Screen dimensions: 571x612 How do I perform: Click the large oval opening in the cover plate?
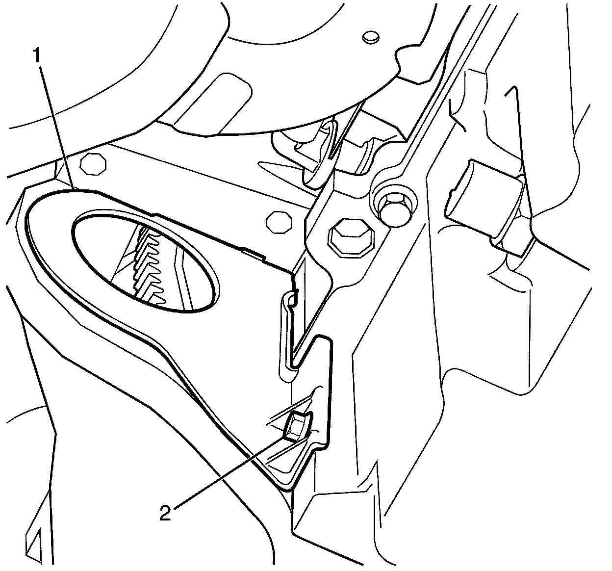(145, 262)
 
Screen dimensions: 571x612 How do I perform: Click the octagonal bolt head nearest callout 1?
(93, 165)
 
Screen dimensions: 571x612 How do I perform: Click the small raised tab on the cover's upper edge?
(253, 253)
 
